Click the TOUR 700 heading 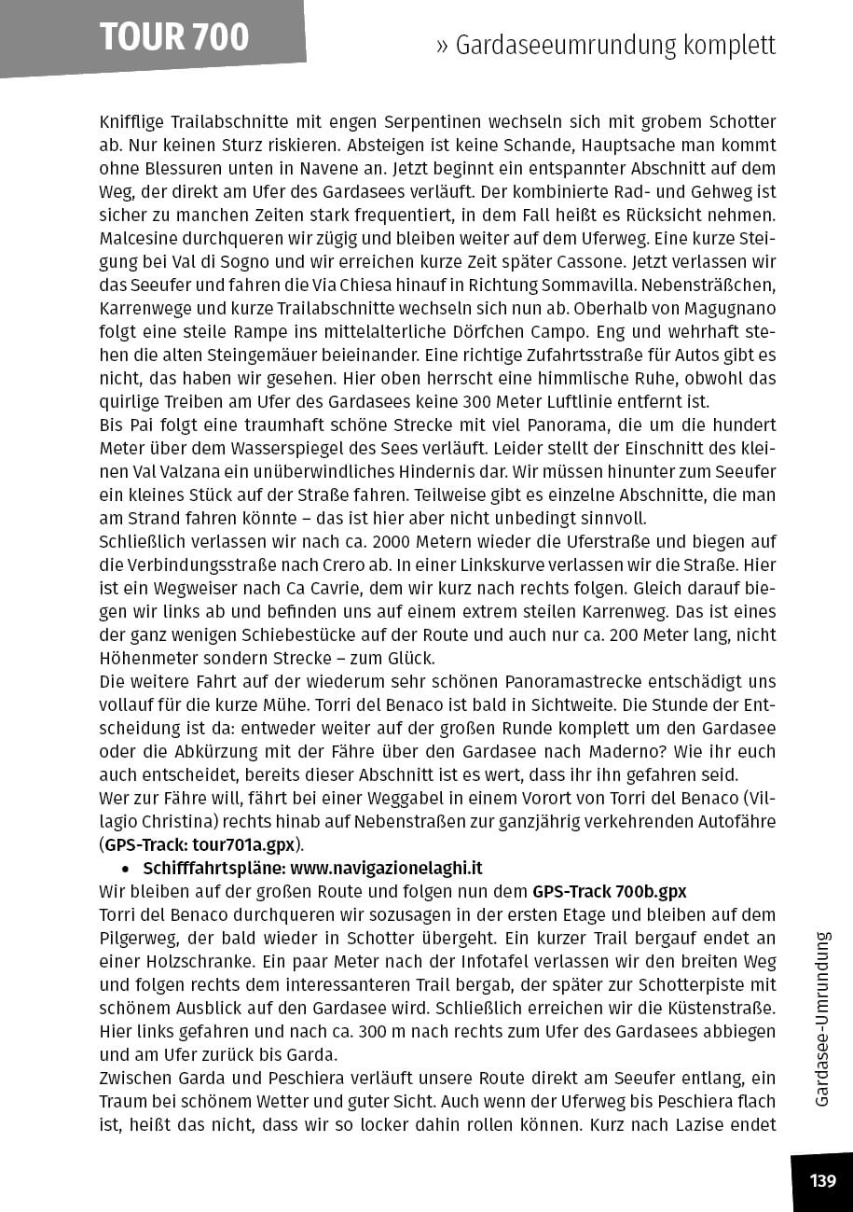(174, 37)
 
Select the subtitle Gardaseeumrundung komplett (615, 46)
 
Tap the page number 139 (822, 1181)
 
